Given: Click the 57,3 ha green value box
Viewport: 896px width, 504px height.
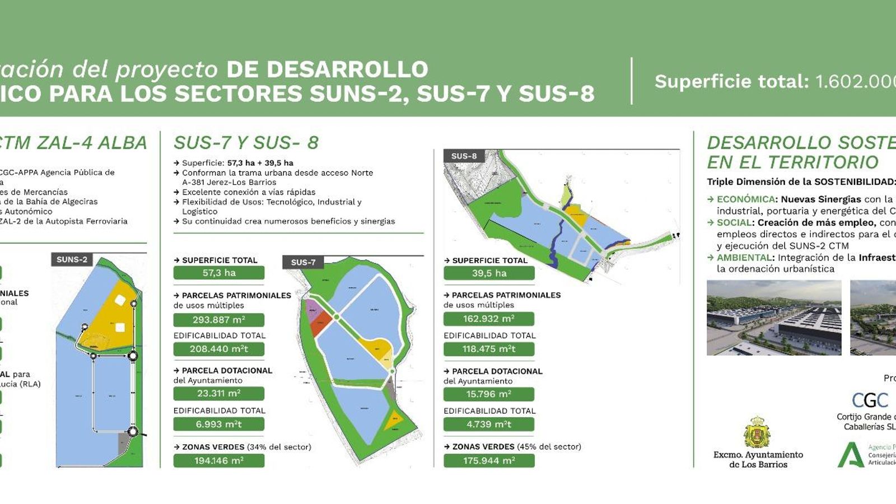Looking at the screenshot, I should pyautogui.click(x=219, y=273).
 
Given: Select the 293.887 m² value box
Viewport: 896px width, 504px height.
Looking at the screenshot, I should pyautogui.click(x=219, y=320).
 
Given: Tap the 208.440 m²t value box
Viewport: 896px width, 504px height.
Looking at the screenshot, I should pyautogui.click(x=219, y=349).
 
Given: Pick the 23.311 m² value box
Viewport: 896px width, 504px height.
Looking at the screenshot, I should pyautogui.click(x=219, y=393).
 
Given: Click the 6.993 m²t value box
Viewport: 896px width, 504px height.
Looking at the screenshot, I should pyautogui.click(x=219, y=424).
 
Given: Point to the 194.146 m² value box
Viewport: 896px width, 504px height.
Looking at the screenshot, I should pyautogui.click(x=219, y=460).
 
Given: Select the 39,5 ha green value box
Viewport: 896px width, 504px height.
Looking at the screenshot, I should pyautogui.click(x=489, y=273).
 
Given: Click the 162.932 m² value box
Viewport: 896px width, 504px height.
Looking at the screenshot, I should pyautogui.click(x=489, y=319).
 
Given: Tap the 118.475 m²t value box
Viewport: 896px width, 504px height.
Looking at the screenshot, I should pyautogui.click(x=489, y=349).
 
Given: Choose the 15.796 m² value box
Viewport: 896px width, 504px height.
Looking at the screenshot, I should pyautogui.click(x=489, y=394).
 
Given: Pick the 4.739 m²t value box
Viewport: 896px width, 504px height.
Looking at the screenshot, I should pyautogui.click(x=489, y=424).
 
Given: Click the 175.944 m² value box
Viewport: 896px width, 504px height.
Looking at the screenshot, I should pyautogui.click(x=489, y=460).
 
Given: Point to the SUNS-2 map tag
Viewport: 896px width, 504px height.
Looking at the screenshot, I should pyautogui.click(x=72, y=259).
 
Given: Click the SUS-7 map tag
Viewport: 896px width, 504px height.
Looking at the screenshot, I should pyautogui.click(x=303, y=262).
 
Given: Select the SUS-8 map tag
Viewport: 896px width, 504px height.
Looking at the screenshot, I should pyautogui.click(x=464, y=156).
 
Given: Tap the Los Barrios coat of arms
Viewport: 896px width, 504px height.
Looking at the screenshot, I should pyautogui.click(x=757, y=432).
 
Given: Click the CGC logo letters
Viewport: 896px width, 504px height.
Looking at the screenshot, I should pyautogui.click(x=870, y=400).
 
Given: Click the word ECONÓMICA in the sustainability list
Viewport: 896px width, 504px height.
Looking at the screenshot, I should pyautogui.click(x=746, y=199).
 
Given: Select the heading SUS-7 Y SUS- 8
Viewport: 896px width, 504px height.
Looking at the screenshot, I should pyautogui.click(x=246, y=143).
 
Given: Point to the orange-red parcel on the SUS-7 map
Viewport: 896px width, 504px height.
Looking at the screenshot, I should pyautogui.click(x=320, y=323).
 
